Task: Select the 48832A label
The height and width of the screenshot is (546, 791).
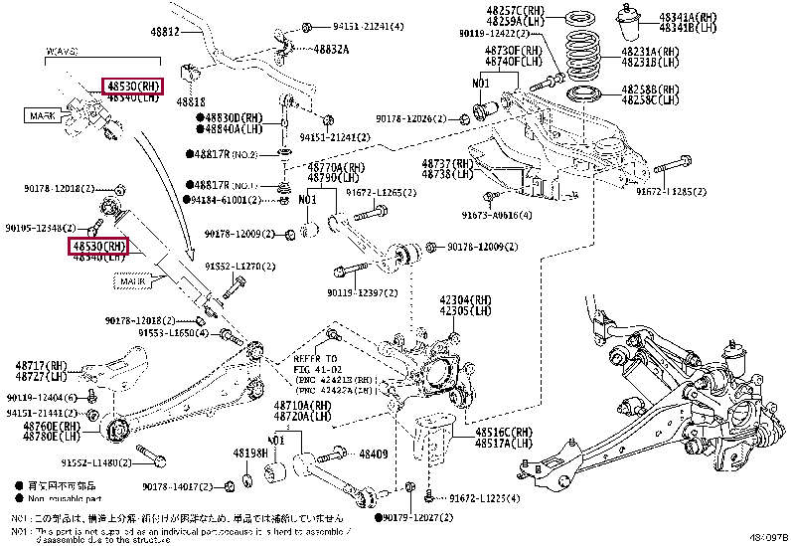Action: pyautogui.click(x=331, y=48)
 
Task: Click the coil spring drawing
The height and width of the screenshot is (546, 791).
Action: pyautogui.click(x=580, y=61)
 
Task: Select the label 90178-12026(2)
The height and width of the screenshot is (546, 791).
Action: pyautogui.click(x=416, y=119)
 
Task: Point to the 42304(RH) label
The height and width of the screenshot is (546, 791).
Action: pyautogui.click(x=466, y=298)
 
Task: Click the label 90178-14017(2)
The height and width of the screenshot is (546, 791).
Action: pyautogui.click(x=180, y=486)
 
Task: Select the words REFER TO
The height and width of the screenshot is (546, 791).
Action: pyautogui.click(x=316, y=357)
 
